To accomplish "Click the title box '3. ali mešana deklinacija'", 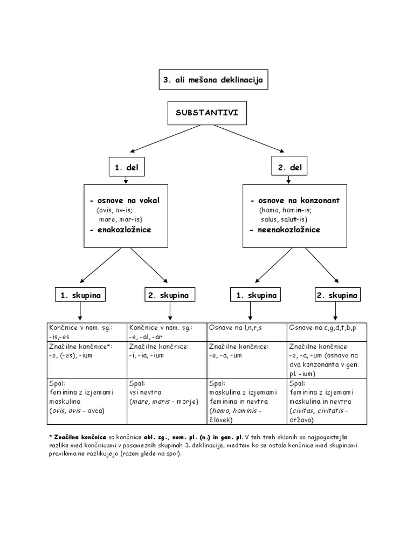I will point(212,80).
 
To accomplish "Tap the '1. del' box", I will point(126,168).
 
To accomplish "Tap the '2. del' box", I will point(289,168).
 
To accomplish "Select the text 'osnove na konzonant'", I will point(298,201).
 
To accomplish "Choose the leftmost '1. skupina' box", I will point(80,295).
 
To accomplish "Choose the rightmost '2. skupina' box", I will point(337,295).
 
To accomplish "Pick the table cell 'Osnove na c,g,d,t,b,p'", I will point(326,327).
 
